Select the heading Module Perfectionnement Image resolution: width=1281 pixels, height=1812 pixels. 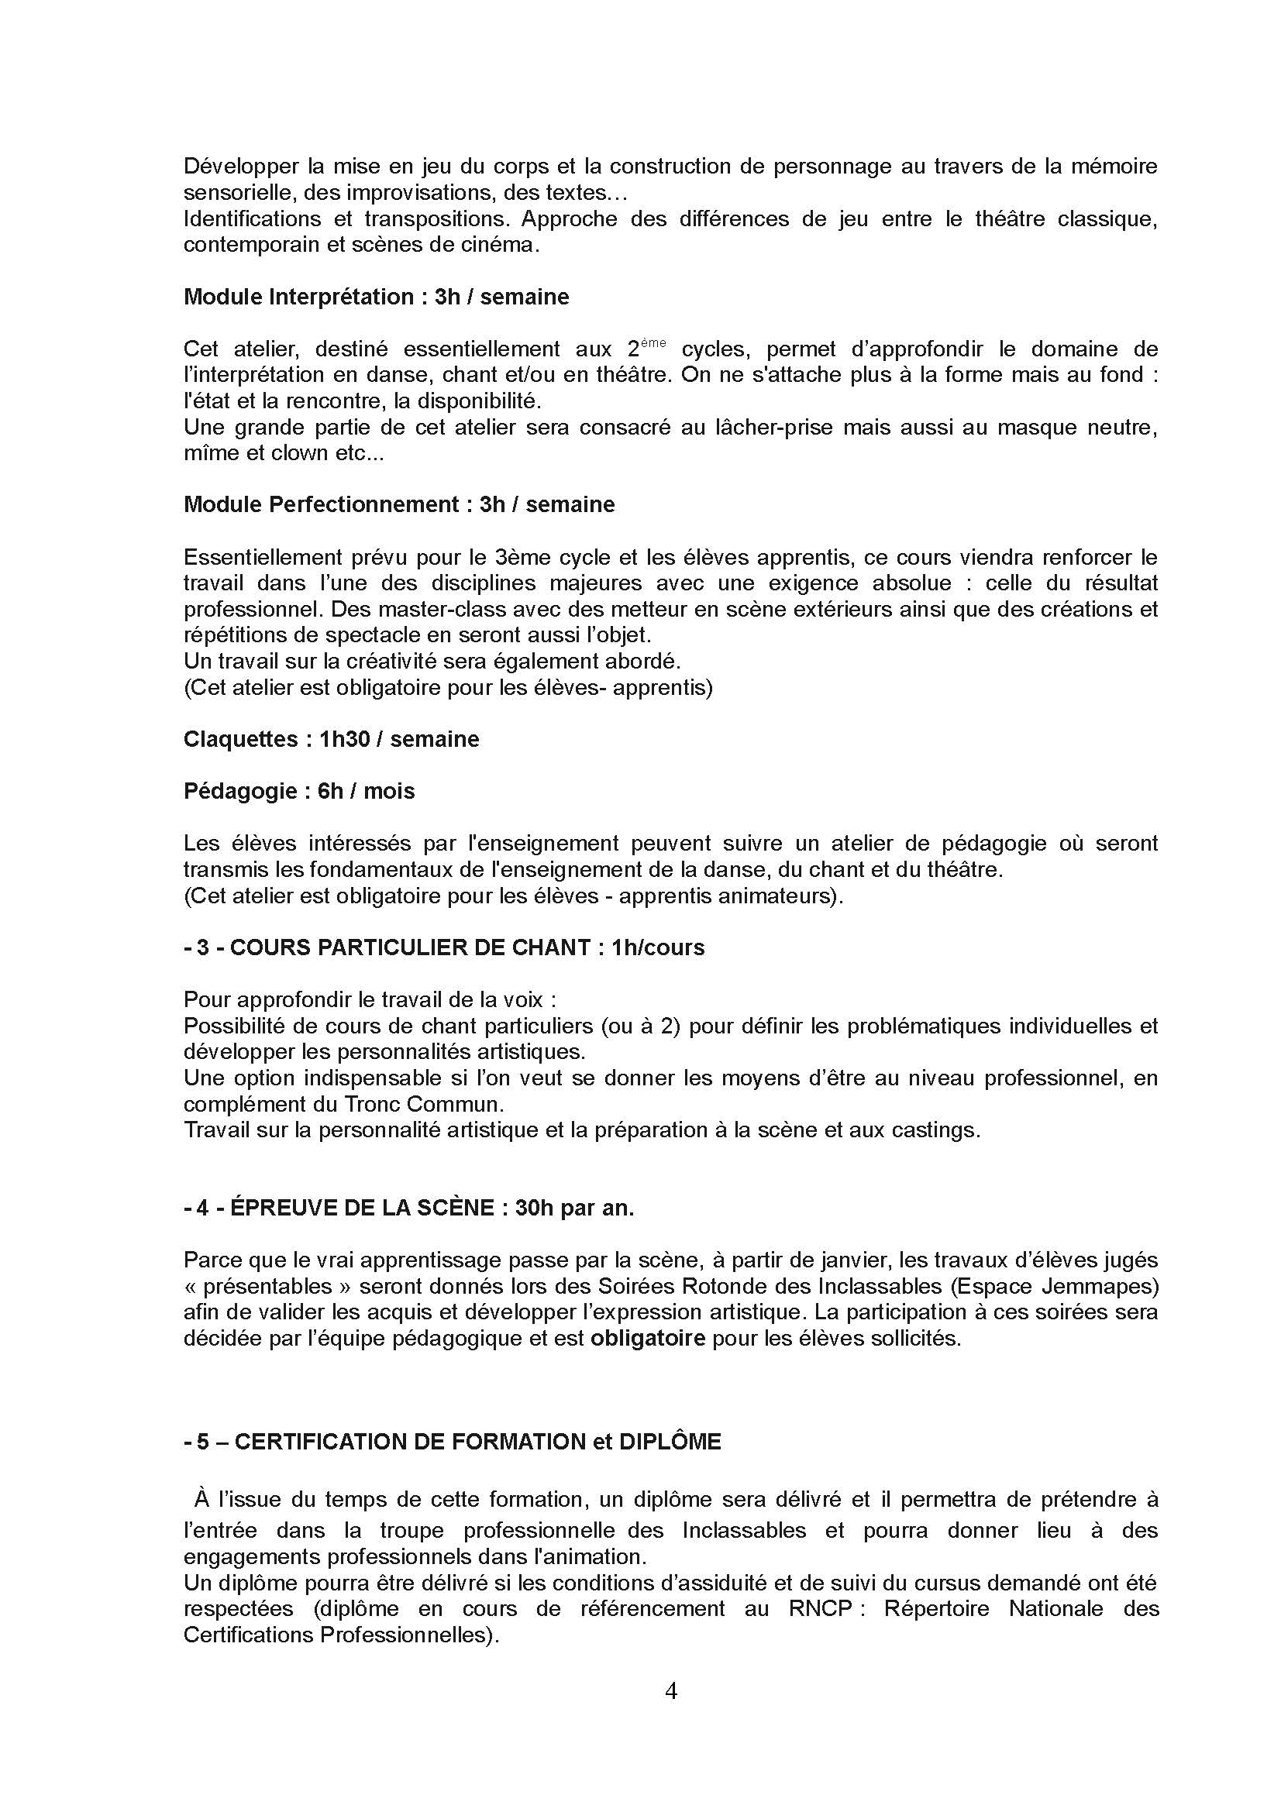point(322,504)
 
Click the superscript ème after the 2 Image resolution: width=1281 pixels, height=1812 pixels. point(654,342)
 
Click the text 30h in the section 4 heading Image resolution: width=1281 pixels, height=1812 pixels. point(533,1209)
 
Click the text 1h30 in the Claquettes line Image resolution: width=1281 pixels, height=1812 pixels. point(345,739)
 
